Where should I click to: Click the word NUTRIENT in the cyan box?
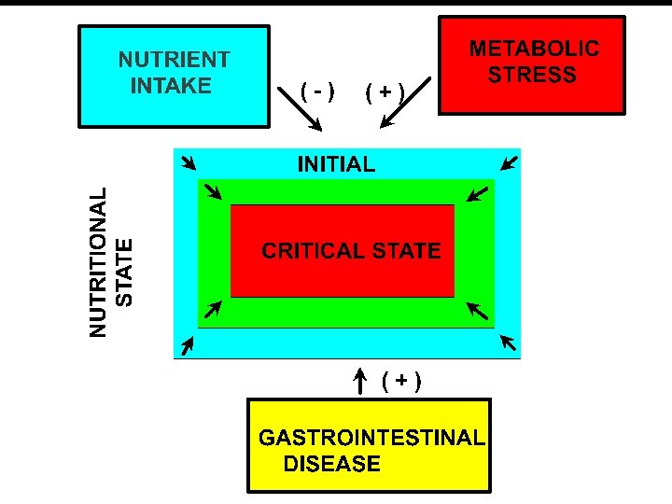point(174,60)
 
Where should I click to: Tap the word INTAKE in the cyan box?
point(172,86)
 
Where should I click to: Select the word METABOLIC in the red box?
point(534,49)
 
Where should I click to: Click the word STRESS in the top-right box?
point(533,75)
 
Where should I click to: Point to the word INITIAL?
point(336,165)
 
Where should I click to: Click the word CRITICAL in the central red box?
point(314,250)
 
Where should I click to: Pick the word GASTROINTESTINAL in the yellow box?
point(371,437)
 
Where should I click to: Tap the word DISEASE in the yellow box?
point(332,464)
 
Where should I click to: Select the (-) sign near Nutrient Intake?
point(318,91)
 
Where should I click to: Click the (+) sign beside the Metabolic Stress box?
point(385,91)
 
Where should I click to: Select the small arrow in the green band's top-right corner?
point(475,194)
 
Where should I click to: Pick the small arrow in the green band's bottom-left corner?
point(213,309)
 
